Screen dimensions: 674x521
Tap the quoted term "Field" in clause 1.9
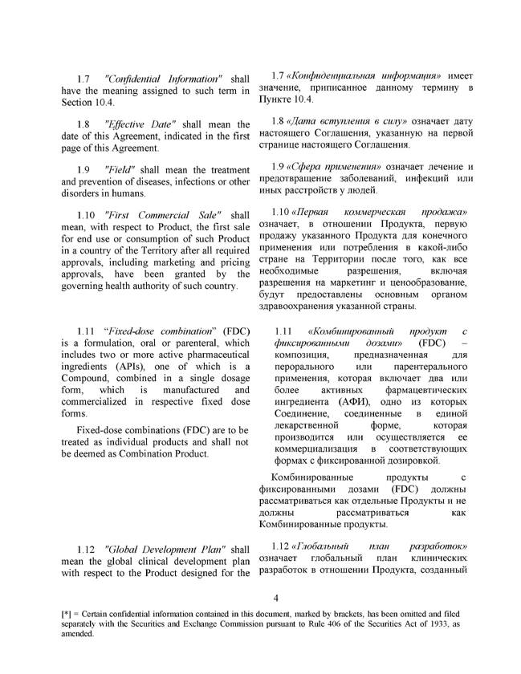tap(119, 170)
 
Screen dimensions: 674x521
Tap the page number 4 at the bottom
tap(275, 598)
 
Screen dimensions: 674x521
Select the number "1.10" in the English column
tap(88, 216)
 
